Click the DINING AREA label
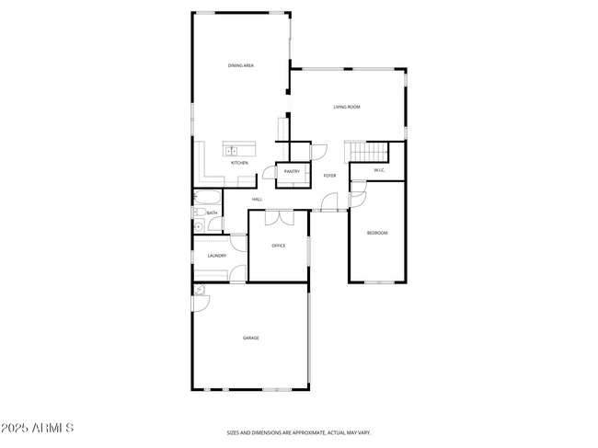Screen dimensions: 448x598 241,65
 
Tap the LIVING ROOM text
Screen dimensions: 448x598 347,107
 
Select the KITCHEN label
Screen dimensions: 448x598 239,163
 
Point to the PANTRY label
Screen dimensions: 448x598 292,171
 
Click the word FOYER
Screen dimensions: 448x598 329,176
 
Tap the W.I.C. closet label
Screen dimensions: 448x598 379,171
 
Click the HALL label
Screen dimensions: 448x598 257,199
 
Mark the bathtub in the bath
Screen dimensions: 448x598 205,197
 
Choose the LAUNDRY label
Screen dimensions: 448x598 217,256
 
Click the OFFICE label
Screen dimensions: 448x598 278,246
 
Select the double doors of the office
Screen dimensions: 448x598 279,217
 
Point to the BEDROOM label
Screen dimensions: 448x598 377,233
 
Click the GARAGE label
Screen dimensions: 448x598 250,338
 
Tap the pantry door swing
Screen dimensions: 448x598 269,171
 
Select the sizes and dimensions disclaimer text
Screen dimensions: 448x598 299,431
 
